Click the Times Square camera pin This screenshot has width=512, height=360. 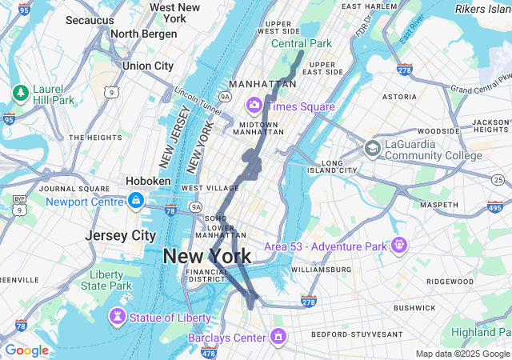[255, 105]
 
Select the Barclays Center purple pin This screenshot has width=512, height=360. [278, 337]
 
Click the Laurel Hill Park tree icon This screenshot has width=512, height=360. [20, 94]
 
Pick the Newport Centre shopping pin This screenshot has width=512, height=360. [137, 201]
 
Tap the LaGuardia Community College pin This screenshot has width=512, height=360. [372, 148]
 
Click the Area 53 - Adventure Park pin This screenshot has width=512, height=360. [399, 245]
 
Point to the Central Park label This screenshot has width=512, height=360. [301, 43]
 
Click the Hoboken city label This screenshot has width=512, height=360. [147, 182]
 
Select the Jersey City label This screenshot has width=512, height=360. [120, 236]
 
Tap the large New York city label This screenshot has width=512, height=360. [206, 256]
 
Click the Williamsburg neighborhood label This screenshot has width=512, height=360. [321, 270]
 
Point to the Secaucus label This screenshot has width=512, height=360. [90, 19]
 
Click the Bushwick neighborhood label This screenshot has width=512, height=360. [414, 307]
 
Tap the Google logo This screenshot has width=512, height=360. [26, 350]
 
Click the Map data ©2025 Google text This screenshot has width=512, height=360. [462, 354]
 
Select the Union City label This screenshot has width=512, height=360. [148, 66]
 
